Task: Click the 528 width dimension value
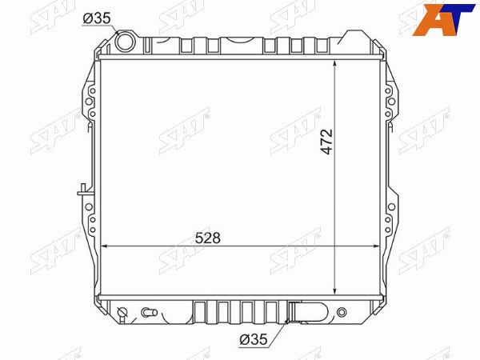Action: click(x=208, y=238)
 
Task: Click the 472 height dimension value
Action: click(x=326, y=142)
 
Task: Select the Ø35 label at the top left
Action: click(x=97, y=18)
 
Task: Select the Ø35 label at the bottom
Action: click(x=254, y=339)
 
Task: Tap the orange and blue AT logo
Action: click(x=443, y=19)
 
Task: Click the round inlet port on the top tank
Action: click(x=125, y=42)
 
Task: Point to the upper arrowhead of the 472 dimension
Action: click(x=335, y=63)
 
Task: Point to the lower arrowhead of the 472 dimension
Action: click(x=335, y=291)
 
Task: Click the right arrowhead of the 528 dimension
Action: click(x=376, y=246)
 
